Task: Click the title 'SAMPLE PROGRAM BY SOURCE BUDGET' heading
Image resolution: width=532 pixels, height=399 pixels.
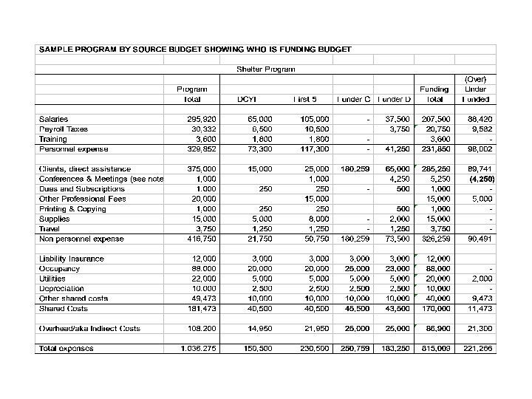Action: tap(195, 50)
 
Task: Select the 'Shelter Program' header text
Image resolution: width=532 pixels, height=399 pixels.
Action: tap(266, 69)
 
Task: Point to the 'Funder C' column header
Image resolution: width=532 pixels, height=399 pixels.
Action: tap(354, 99)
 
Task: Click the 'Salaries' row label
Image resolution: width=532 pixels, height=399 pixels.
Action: tap(53, 119)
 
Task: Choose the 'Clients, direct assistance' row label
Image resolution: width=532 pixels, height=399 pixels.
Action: tap(85, 169)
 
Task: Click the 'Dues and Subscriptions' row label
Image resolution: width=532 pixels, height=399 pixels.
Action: tap(81, 189)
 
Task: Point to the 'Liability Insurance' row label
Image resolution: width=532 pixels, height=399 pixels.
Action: tap(72, 259)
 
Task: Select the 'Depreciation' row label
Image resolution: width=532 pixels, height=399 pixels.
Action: tap(61, 289)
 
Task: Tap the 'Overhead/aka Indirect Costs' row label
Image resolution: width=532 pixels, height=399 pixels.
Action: tap(89, 329)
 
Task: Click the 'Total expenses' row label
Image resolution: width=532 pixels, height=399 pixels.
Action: tap(66, 349)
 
